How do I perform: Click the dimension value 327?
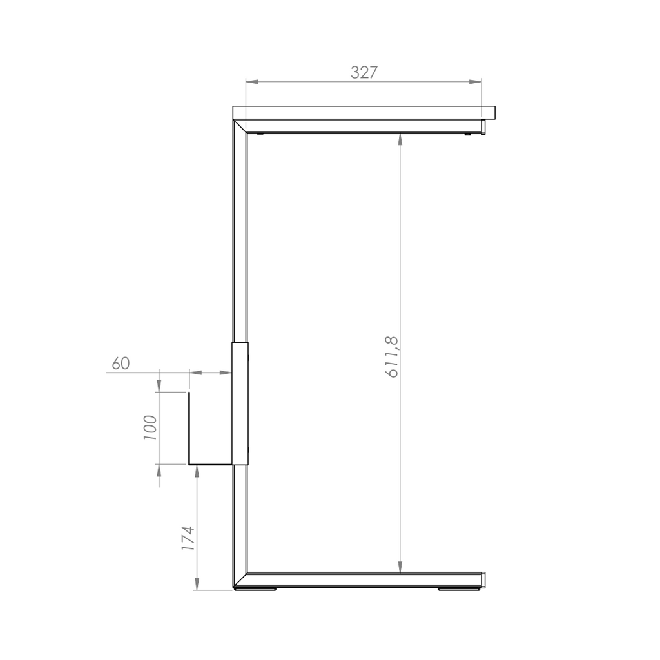tap(364, 72)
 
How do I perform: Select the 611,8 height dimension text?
tap(392, 357)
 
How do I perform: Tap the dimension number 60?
tap(121, 364)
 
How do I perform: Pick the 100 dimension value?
tap(150, 428)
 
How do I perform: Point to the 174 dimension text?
tap(188, 538)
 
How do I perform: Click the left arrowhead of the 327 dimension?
tap(251, 82)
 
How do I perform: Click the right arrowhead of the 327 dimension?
tap(476, 82)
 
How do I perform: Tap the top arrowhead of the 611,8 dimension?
tap(400, 139)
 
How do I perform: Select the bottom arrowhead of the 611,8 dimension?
tap(400, 567)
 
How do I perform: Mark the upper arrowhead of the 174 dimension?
tap(197, 471)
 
